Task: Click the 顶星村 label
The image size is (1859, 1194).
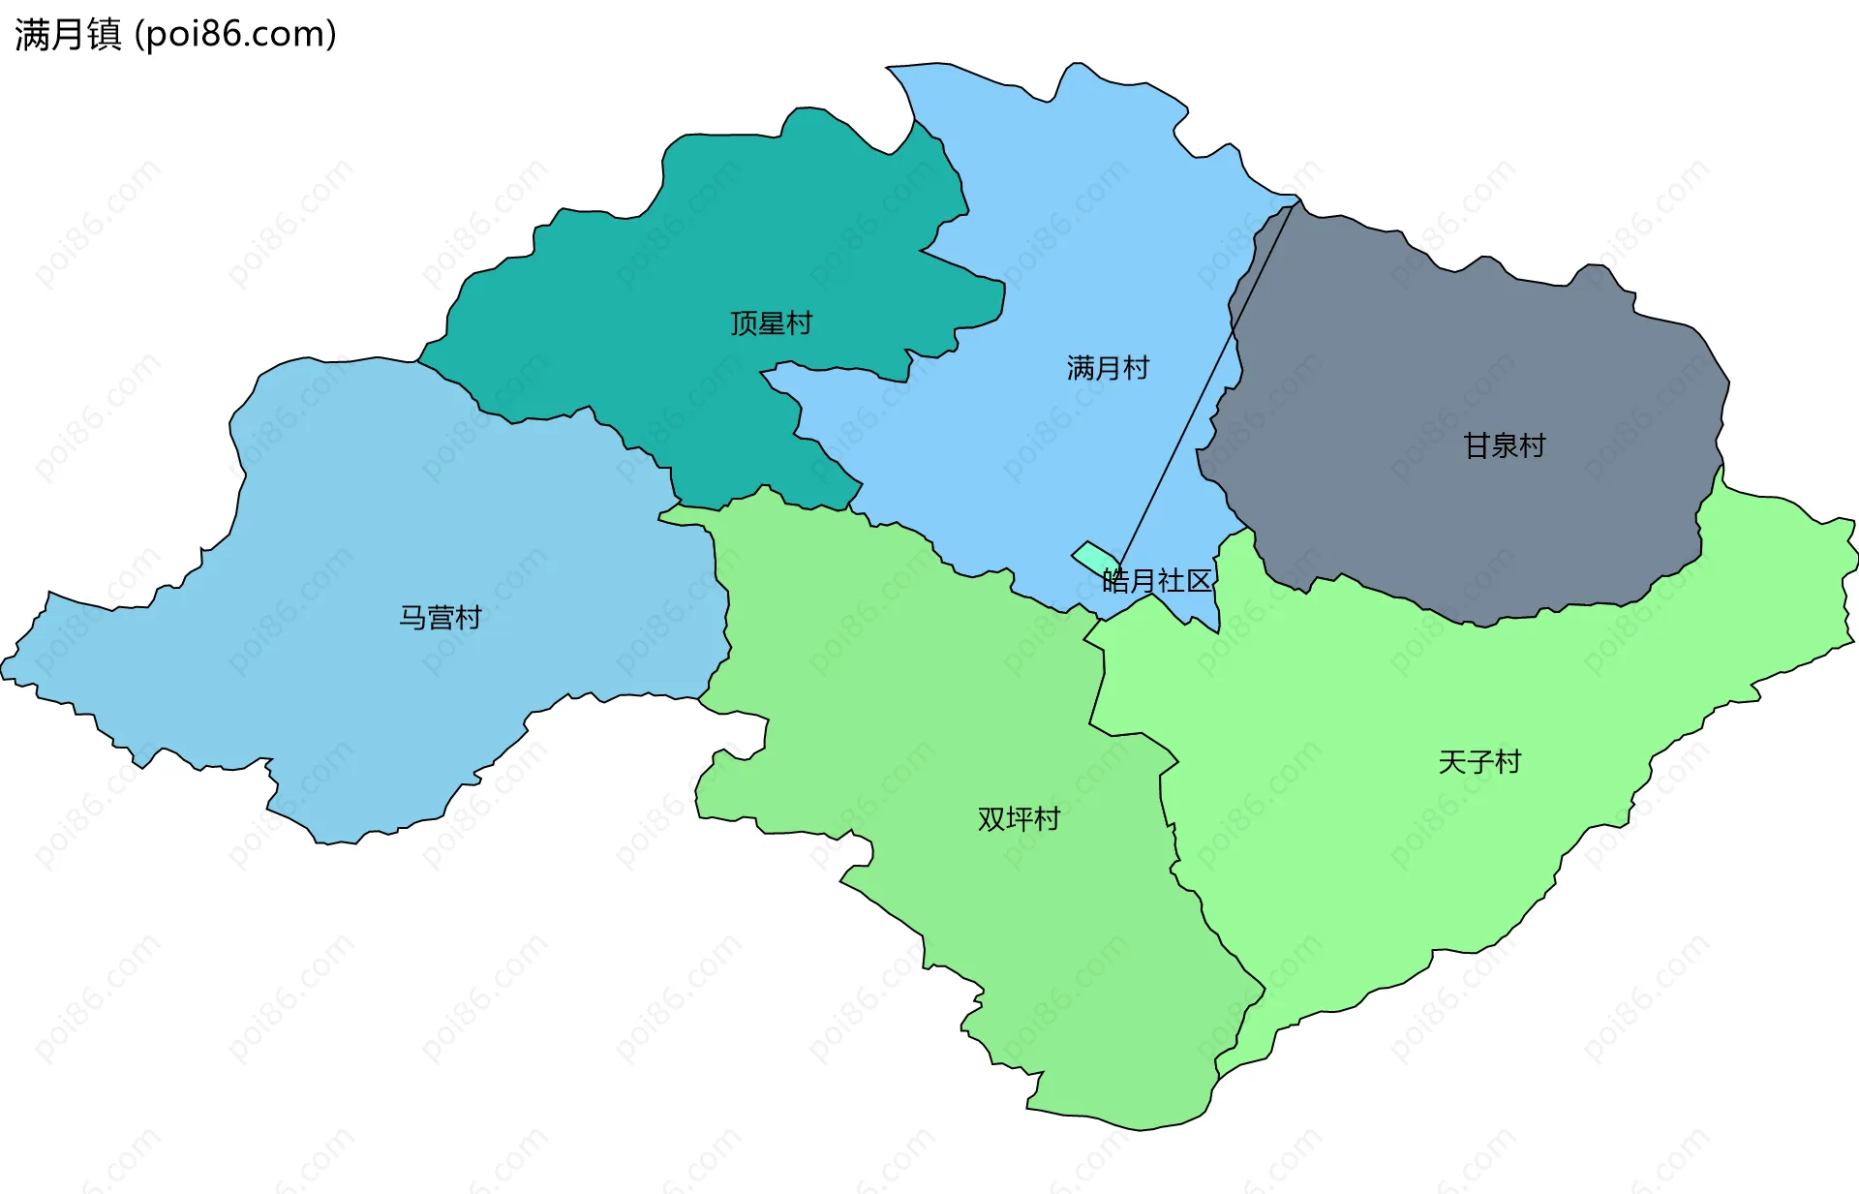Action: pos(771,323)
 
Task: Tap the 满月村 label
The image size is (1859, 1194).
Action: pos(1108,368)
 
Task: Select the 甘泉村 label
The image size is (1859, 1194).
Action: pos(1504,445)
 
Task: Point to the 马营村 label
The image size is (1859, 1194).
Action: pos(441,618)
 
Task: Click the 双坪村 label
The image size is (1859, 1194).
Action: pos(1019,819)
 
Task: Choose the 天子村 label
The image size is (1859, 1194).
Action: pos(1479,762)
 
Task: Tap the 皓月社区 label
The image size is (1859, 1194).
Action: pos(1156,581)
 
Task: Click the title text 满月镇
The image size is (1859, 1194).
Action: pos(68,35)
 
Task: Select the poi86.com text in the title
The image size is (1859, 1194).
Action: pos(235,35)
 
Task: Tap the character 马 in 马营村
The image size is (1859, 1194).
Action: pos(412,618)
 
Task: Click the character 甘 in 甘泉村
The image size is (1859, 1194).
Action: pos(1476,445)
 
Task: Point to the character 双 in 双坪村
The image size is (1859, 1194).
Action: pos(991,819)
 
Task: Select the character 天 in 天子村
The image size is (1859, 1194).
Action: pos(1452,762)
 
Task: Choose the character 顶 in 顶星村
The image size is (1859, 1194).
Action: pos(744,323)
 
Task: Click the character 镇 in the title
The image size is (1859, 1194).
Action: pos(104,35)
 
